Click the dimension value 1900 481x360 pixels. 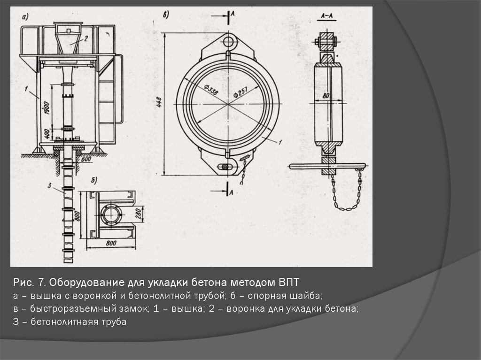(x=47, y=107)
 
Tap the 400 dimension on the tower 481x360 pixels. (x=47, y=133)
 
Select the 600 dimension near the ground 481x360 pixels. (x=86, y=159)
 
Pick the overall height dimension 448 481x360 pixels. (x=159, y=102)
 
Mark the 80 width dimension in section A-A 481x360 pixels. (x=326, y=96)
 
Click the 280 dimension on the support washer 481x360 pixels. (x=139, y=214)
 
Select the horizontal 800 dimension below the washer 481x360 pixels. (x=111, y=243)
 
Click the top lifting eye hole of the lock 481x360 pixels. (x=228, y=41)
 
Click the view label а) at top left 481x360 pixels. (x=25, y=17)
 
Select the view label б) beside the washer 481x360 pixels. (x=94, y=180)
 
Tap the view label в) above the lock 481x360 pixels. (x=166, y=15)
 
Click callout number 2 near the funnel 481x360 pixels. (x=86, y=38)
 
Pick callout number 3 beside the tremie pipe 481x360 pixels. (x=49, y=185)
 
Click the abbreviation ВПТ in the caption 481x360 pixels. (x=288, y=282)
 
